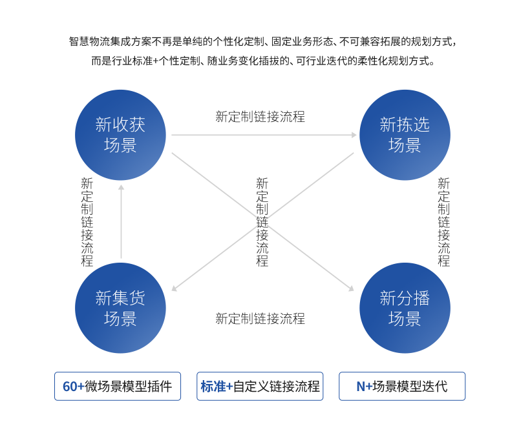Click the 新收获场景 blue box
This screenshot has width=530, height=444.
click(x=120, y=134)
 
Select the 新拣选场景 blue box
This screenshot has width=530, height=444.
click(x=405, y=134)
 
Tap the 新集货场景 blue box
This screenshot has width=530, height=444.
click(x=120, y=308)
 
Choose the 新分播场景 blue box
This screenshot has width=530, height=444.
click(x=405, y=308)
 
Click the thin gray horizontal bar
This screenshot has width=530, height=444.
click(x=264, y=135)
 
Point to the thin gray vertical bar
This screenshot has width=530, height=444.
click(x=121, y=221)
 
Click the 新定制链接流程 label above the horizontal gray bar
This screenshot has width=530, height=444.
click(x=260, y=117)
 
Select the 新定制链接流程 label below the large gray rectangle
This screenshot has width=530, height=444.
click(x=260, y=318)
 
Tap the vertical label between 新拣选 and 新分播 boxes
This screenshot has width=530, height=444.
click(x=443, y=221)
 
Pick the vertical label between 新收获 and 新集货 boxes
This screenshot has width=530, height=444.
click(x=87, y=221)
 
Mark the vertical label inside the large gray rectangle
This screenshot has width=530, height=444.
click(x=262, y=221)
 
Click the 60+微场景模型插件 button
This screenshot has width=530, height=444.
click(x=118, y=387)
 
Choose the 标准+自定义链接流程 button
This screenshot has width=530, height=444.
click(x=260, y=387)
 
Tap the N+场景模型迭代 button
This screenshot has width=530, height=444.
click(x=401, y=387)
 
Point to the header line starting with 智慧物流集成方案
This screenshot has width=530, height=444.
click(x=262, y=43)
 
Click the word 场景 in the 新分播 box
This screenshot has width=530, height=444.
click(x=405, y=319)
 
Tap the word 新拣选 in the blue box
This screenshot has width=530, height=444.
click(x=405, y=124)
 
